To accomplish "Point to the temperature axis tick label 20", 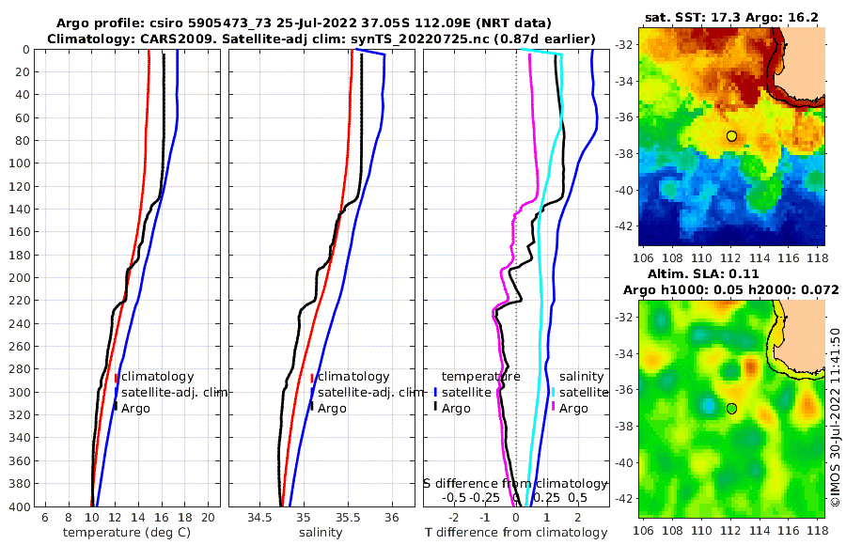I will point(209,518).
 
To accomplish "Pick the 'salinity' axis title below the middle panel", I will point(320,533).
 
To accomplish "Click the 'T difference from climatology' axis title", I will point(518,533).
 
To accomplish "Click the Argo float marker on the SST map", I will point(731,136).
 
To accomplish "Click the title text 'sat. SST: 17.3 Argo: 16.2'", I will point(731,18).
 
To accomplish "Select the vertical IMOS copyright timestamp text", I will point(835,418).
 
